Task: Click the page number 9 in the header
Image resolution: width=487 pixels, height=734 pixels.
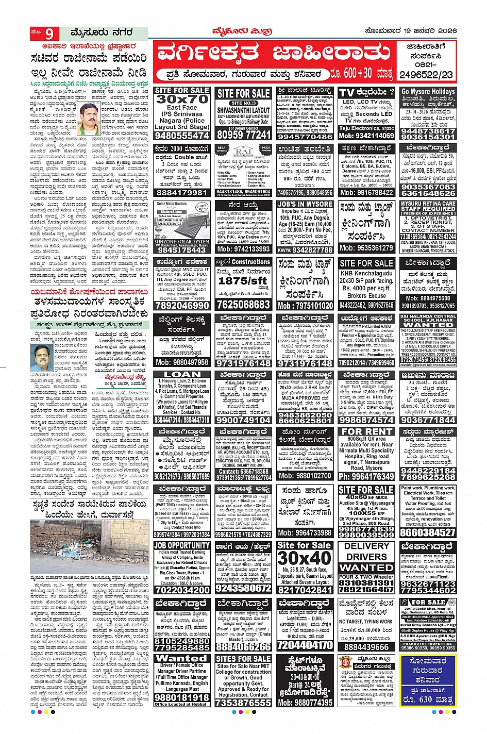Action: coord(48,35)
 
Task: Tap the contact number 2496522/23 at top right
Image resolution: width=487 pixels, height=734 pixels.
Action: coord(426,75)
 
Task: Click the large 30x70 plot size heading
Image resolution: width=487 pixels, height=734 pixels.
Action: coord(182,99)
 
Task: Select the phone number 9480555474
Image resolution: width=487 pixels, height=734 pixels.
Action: coord(182,136)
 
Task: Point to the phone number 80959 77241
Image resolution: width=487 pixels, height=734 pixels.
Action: coord(243,135)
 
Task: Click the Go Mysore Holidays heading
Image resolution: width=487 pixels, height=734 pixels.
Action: coord(428,92)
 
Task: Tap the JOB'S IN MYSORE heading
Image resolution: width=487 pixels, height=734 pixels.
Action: coord(305,204)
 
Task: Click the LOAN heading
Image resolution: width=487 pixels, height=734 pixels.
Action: coord(182,374)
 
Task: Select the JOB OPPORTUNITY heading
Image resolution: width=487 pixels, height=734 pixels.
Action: coord(182,545)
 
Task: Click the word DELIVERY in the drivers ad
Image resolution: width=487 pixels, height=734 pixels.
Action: coord(366,546)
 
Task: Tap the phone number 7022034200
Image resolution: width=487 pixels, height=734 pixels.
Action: coord(182,590)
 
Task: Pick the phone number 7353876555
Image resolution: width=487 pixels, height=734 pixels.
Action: coord(243,703)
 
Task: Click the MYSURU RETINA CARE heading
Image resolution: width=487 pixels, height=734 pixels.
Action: coord(428,204)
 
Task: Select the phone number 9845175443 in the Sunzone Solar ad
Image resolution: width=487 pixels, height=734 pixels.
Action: coord(182,250)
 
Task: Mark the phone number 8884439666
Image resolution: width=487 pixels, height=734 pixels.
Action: coord(366,647)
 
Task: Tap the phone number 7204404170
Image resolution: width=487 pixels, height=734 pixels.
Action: coord(305,645)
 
